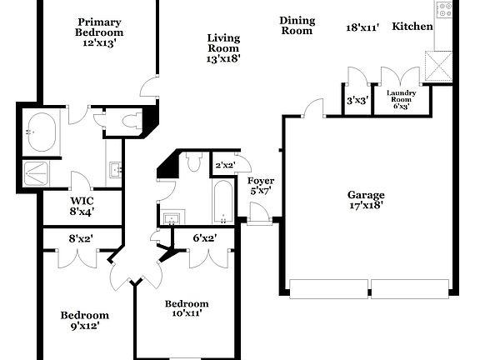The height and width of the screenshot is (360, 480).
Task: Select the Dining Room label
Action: pyautogui.click(x=296, y=26)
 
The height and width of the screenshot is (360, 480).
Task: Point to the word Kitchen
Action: pyautogui.click(x=412, y=27)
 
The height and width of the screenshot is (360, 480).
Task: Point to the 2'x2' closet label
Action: pyautogui.click(x=222, y=165)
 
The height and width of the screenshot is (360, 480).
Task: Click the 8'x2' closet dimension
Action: pyautogui.click(x=81, y=239)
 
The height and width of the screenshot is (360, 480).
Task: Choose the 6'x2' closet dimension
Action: pyautogui.click(x=204, y=238)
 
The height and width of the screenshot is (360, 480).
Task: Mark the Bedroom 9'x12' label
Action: pyautogui.click(x=84, y=320)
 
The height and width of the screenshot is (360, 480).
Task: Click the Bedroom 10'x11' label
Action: pyautogui.click(x=186, y=308)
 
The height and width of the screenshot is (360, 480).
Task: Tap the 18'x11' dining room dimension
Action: pyautogui.click(x=362, y=27)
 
